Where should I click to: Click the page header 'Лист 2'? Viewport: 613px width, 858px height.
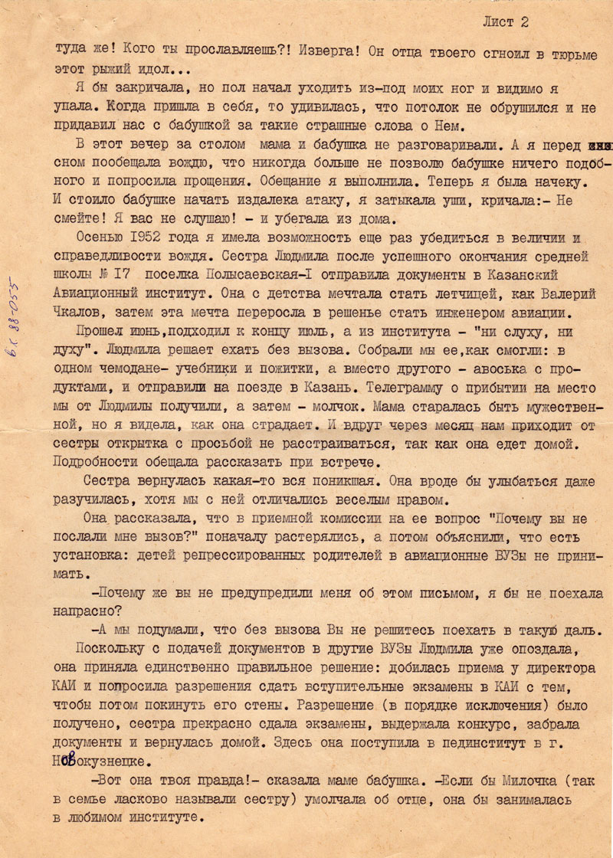click(506, 22)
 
